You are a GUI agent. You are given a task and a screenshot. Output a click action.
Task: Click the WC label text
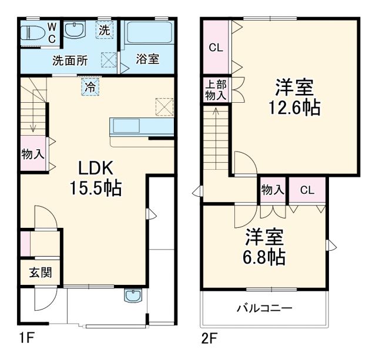coord(51,33)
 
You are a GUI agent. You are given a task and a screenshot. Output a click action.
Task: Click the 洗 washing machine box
coord(104,31)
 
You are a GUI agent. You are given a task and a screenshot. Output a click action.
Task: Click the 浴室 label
coord(147,59)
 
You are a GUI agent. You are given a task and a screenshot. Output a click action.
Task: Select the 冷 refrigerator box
coord(90,86)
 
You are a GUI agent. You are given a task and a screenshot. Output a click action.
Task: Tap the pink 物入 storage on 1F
coord(33,154)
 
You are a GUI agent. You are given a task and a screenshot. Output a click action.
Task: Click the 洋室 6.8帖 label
coord(264,248)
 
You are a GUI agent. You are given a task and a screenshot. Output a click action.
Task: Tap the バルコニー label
coord(264,308)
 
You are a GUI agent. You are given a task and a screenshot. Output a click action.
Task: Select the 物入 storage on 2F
coord(273,190)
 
